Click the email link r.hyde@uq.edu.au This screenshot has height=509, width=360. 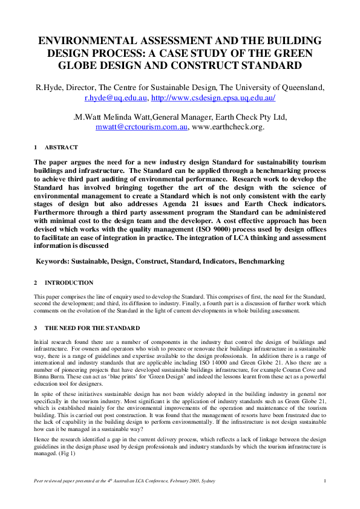[x=116, y=97]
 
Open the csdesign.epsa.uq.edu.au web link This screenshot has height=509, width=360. [x=214, y=97]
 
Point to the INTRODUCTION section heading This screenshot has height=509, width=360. [x=69, y=283]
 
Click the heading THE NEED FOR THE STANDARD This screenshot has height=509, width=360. [x=92, y=328]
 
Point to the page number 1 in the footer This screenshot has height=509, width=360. [x=326, y=480]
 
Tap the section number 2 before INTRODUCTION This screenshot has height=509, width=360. [x=36, y=283]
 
